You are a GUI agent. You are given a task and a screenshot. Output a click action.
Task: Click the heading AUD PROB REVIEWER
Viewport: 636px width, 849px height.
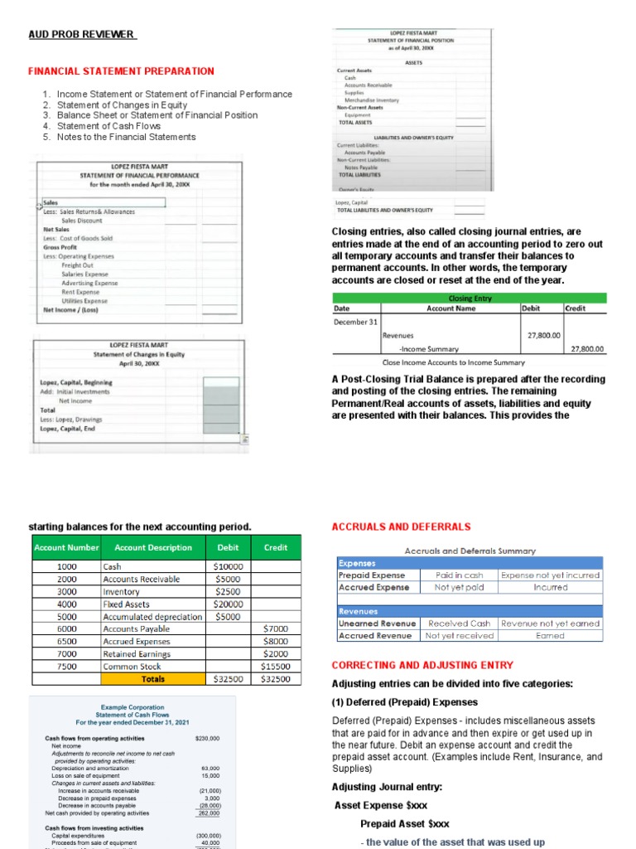coord(81,34)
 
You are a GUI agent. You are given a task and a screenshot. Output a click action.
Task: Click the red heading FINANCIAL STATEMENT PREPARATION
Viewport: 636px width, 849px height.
coord(121,71)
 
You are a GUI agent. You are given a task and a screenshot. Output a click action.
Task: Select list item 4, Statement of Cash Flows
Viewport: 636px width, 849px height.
coord(108,126)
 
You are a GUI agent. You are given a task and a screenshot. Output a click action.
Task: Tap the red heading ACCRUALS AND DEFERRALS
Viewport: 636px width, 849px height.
coord(401,526)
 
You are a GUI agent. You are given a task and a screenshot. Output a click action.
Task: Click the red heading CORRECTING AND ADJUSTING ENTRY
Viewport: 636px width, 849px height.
coord(422,665)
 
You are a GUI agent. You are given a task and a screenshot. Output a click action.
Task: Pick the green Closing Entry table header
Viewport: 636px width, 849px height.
coord(470,298)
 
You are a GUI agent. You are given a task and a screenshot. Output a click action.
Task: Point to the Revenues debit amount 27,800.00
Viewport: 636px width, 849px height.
coord(543,336)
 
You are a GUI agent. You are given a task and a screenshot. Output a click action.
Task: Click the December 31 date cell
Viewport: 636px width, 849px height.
coord(355,322)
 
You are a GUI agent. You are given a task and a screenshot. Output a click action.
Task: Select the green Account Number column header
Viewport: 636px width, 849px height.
coord(66,547)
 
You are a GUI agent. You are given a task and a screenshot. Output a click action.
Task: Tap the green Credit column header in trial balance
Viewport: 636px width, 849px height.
coord(276,547)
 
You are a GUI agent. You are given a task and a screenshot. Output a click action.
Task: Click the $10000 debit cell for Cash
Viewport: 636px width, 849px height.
coord(227,566)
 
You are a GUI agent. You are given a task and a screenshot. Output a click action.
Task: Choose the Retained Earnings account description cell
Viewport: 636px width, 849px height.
coord(141,653)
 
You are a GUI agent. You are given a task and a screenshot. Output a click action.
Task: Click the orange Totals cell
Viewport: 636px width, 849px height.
coord(153,678)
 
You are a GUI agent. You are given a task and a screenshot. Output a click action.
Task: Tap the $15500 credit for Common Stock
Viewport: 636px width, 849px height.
coord(276,666)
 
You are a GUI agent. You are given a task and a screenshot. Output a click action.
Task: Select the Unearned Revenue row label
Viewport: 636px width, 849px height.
coord(372,623)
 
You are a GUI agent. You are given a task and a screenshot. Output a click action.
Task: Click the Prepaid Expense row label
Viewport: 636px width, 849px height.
coord(372,575)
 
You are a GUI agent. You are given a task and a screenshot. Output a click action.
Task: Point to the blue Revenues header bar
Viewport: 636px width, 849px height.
coord(470,610)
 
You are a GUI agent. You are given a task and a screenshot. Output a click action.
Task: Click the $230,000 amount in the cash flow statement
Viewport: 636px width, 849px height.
coord(207,738)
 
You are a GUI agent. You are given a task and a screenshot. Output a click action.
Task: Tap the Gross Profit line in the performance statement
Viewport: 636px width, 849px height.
coord(60,247)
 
